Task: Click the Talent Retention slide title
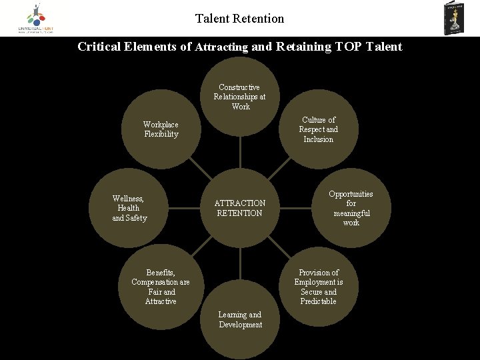[x=240, y=19]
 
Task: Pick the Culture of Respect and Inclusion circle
[x=318, y=130]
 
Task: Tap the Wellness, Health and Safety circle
[x=129, y=208]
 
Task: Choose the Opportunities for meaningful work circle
[x=351, y=208]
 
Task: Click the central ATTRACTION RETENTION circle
[x=240, y=208]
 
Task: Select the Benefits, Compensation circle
[x=161, y=287]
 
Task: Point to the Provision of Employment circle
[x=319, y=287]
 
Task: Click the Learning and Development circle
[x=240, y=319]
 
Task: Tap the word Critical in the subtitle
[x=98, y=47]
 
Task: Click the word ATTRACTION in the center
[x=240, y=203]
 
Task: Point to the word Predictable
[x=319, y=302]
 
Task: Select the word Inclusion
[x=318, y=139]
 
